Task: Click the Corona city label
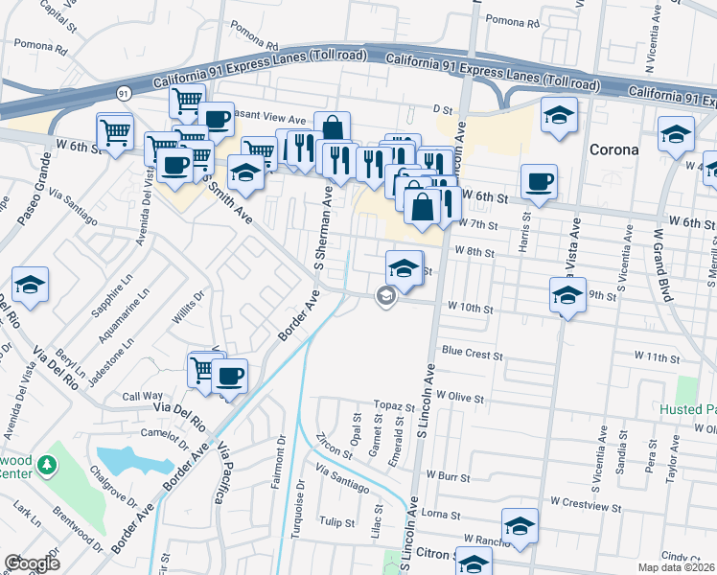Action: tap(613, 149)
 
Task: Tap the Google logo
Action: tap(32, 563)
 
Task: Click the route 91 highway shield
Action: tap(123, 93)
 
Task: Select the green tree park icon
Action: tap(46, 466)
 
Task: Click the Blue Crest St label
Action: tap(471, 355)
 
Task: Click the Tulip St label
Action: tap(337, 522)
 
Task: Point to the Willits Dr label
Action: tap(189, 309)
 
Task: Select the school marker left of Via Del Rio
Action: tap(31, 285)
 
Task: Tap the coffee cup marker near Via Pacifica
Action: tap(229, 376)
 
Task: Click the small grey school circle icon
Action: tap(384, 297)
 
